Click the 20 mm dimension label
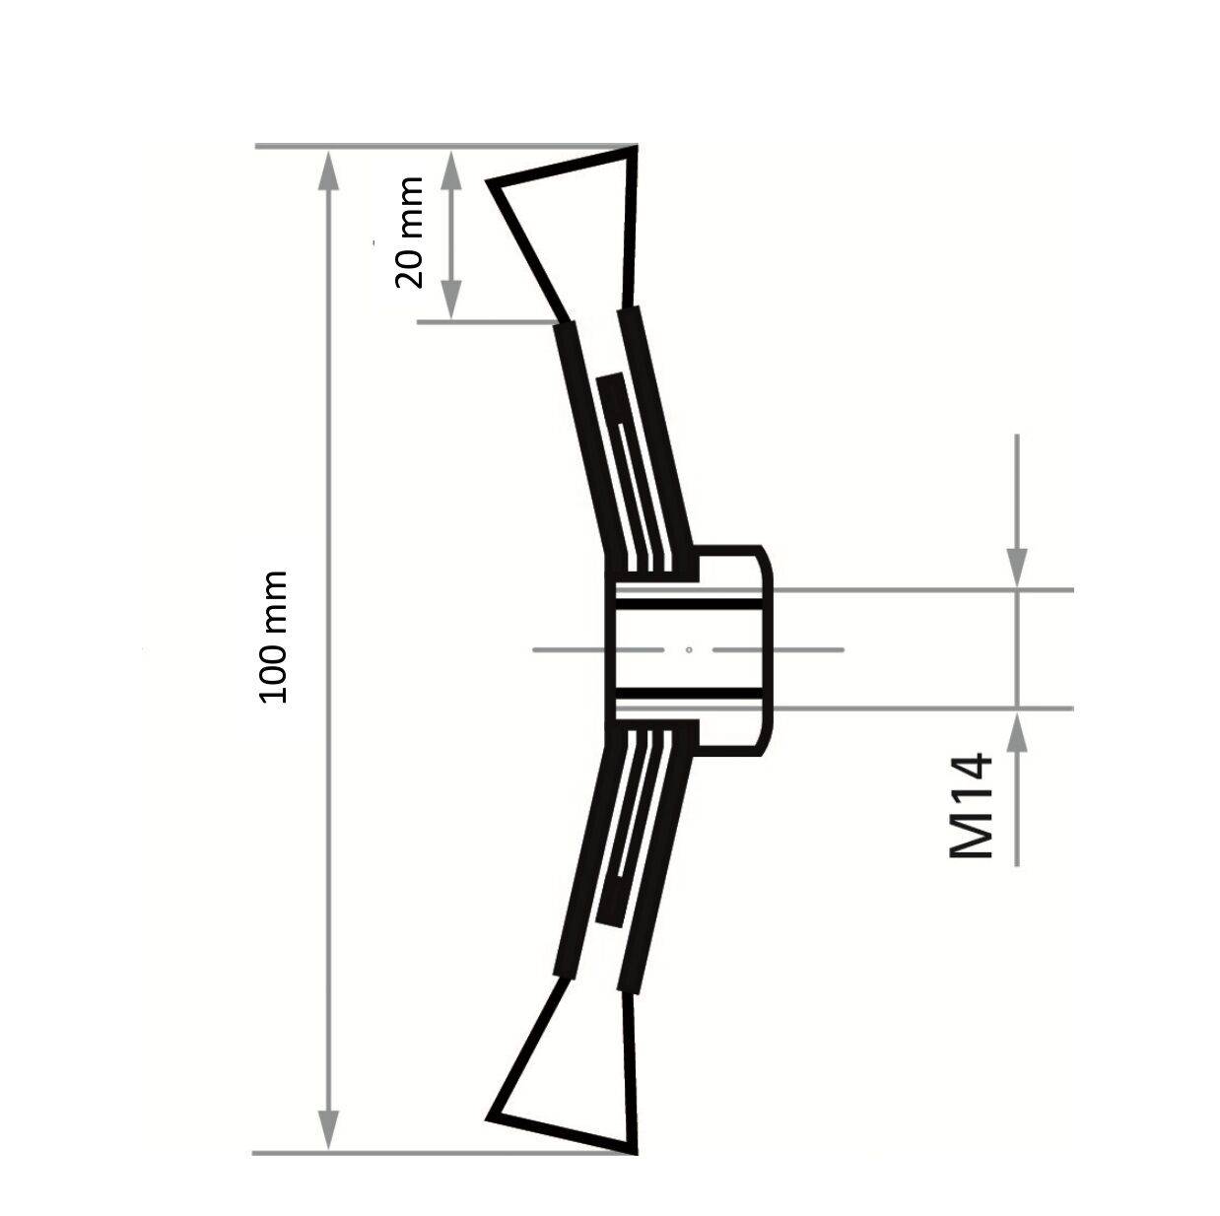click(x=409, y=233)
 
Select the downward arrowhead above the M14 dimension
click(x=1017, y=570)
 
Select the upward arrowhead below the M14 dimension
click(x=1017, y=730)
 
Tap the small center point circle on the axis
click(x=689, y=649)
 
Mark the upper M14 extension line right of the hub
click(x=926, y=590)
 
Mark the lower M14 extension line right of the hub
click(x=926, y=708)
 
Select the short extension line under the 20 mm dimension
click(x=483, y=321)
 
